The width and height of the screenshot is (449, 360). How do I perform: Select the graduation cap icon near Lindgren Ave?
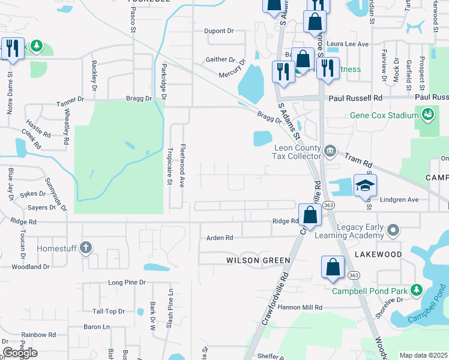pos(364,186)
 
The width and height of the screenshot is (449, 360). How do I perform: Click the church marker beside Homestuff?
pos(86,247)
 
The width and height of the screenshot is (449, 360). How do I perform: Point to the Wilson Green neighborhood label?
pos(258,260)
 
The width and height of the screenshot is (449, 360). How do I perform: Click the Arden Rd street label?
pos(220,238)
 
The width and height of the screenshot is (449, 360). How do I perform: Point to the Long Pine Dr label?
pos(127,282)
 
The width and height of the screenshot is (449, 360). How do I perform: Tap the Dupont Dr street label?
pos(218,31)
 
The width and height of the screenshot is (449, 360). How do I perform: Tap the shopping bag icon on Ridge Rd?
pos(309,215)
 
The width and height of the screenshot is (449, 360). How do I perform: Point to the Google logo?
pos(20,353)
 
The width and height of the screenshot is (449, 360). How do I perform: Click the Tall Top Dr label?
pos(108,311)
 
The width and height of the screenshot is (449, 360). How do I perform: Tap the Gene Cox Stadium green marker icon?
pos(427,113)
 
